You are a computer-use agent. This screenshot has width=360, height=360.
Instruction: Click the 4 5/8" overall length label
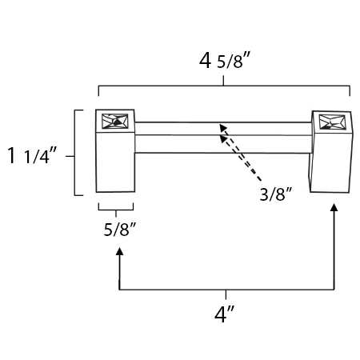(x=225, y=61)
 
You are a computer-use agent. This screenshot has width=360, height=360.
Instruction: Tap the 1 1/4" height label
(x=32, y=155)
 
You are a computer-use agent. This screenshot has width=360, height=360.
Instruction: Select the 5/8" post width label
(x=120, y=230)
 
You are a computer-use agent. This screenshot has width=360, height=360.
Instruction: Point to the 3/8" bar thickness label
(x=276, y=194)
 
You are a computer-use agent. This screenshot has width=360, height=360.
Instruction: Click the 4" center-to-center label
(x=224, y=314)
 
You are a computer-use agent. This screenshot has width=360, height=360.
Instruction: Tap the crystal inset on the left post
(x=115, y=122)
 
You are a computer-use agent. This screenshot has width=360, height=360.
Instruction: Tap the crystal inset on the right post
(x=332, y=122)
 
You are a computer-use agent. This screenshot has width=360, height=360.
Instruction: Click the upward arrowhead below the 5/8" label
(x=120, y=251)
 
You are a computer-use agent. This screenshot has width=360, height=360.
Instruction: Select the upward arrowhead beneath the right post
(x=334, y=207)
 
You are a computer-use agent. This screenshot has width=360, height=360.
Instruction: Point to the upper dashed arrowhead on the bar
(x=223, y=127)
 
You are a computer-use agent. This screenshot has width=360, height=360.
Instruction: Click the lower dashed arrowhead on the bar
(x=223, y=139)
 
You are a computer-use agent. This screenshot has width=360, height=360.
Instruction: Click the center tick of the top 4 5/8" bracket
(x=223, y=81)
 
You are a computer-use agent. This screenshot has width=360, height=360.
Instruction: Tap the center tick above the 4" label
(x=226, y=294)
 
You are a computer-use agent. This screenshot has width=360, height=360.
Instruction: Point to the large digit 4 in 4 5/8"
(x=205, y=61)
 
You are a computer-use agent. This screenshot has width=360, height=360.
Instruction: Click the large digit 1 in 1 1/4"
(x=11, y=155)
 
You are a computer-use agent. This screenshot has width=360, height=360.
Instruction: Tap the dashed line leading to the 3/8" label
(x=241, y=154)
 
